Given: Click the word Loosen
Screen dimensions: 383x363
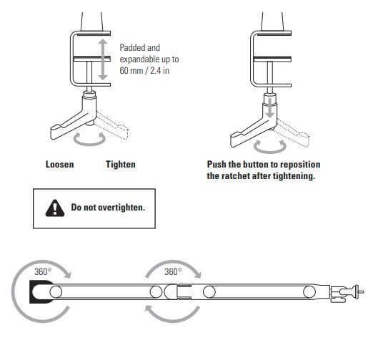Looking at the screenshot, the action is coord(59,164).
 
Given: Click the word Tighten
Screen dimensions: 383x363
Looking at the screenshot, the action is coord(121,164).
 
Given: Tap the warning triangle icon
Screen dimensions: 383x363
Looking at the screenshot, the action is coord(55,208).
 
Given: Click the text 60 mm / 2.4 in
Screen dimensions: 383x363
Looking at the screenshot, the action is coord(144,71).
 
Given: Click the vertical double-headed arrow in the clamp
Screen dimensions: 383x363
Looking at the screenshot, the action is coord(103,59).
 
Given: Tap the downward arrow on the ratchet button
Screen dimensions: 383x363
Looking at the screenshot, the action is coord(269,108).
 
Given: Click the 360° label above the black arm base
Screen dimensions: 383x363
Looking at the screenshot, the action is coord(43,271).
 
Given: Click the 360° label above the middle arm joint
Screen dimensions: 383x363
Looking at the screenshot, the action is coord(173,271).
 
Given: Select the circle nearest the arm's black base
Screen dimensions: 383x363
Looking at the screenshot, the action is coord(56,292).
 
